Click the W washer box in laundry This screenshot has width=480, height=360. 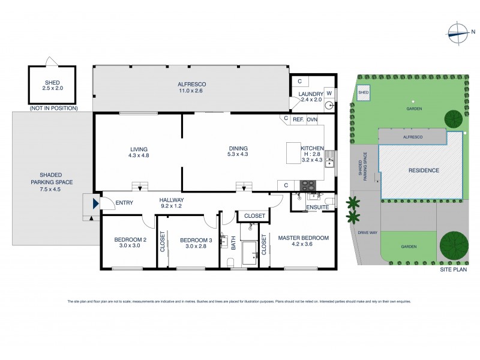[329, 93]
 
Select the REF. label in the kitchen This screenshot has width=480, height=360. [298, 119]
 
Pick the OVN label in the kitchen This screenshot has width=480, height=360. [312, 119]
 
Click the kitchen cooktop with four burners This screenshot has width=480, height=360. [308, 185]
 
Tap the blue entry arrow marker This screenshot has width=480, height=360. [95, 205]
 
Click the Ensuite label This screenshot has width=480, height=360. [317, 207]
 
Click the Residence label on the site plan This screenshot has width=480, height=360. [424, 170]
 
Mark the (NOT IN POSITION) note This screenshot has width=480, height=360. [53, 108]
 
